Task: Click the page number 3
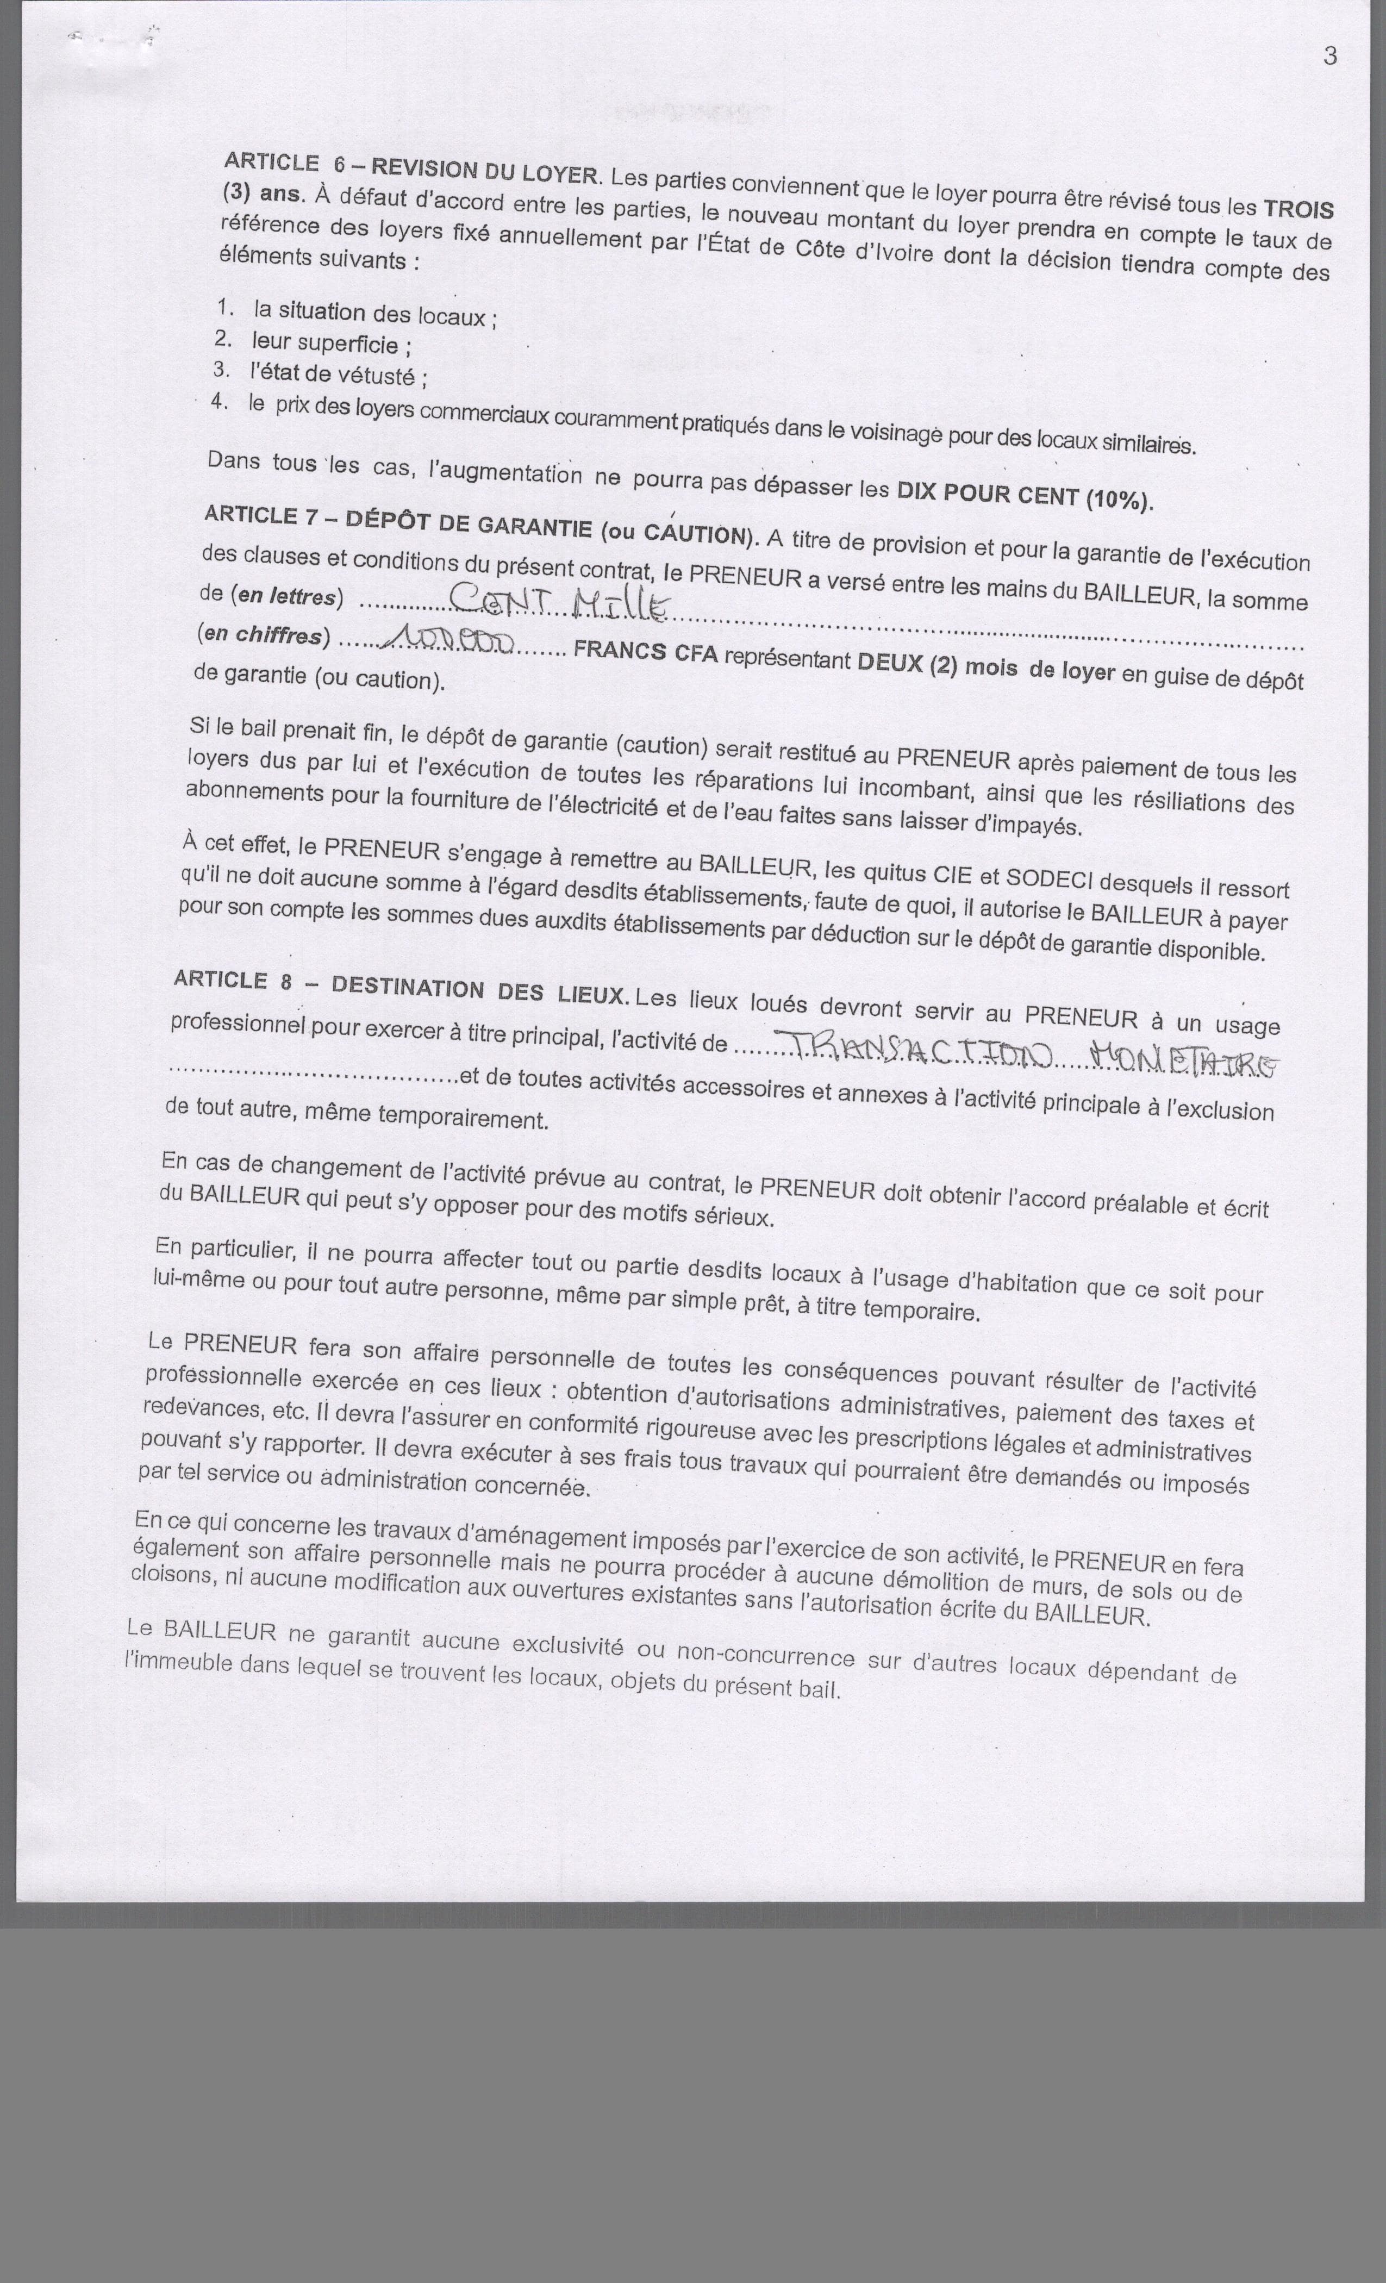(x=1329, y=57)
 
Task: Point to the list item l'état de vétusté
(x=338, y=375)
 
